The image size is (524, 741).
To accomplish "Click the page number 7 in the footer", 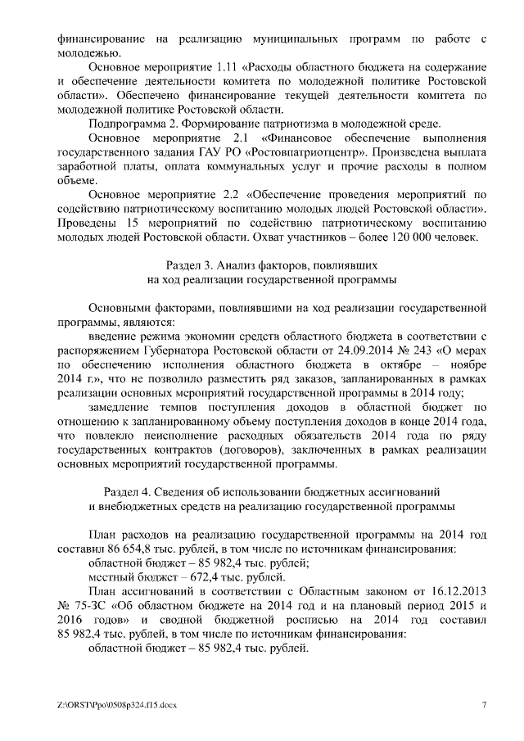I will coord(483,705).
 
